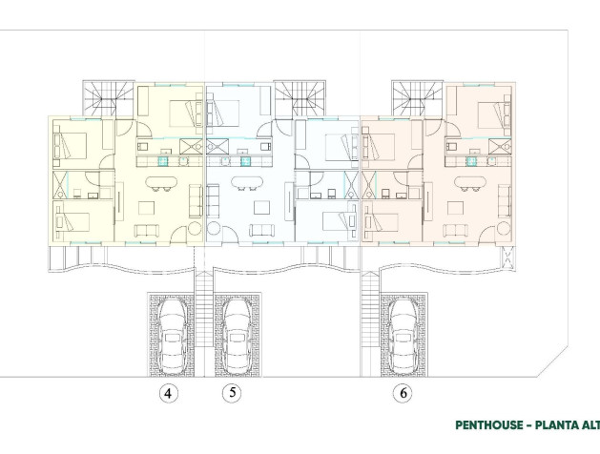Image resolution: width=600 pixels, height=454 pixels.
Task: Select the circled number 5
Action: [x=229, y=392]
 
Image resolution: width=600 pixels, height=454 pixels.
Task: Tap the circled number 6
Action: [x=402, y=392]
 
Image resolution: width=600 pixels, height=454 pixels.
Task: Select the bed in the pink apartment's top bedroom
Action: [x=487, y=113]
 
